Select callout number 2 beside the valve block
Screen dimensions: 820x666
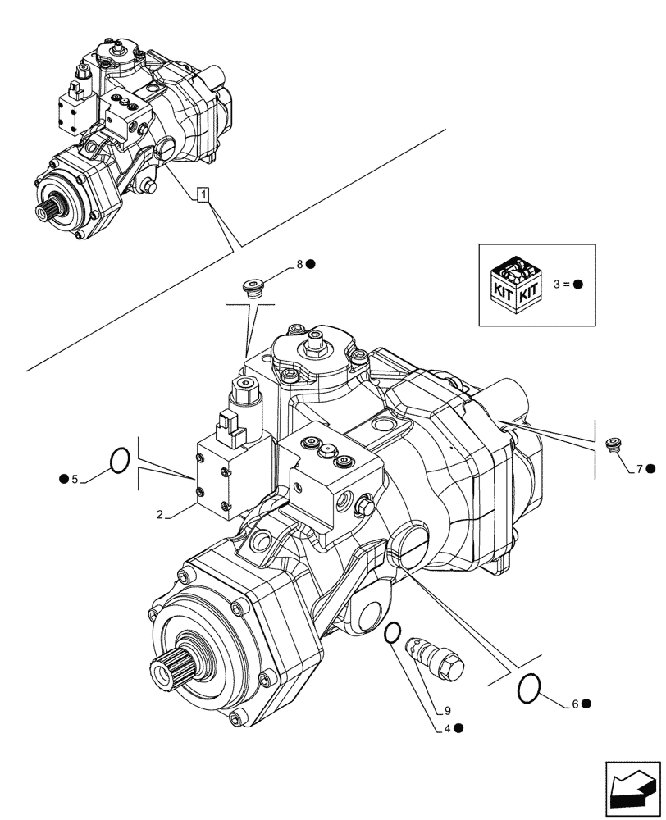click(x=161, y=514)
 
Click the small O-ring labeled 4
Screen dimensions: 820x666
click(x=393, y=632)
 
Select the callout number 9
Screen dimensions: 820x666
click(x=448, y=711)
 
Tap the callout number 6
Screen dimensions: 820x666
click(x=575, y=704)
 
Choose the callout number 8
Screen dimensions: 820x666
click(x=300, y=264)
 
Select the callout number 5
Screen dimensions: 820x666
click(x=74, y=479)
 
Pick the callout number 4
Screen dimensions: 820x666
click(x=448, y=727)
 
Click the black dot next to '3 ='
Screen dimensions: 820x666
click(x=577, y=285)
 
